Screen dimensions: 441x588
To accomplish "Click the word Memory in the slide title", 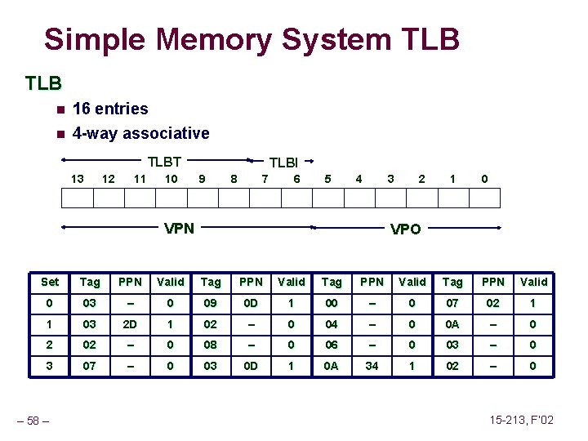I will click(203, 38).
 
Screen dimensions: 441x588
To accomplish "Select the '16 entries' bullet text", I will click(110, 109).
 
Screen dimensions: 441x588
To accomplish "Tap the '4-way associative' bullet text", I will click(140, 133).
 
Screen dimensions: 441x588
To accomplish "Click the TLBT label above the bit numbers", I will click(164, 162).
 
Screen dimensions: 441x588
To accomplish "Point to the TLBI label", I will click(283, 163).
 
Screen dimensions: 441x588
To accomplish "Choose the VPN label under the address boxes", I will click(179, 228).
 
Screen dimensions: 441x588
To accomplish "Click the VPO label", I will click(405, 229).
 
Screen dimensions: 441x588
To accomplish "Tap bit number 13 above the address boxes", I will click(77, 179).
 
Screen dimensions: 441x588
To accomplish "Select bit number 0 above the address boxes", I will click(484, 179).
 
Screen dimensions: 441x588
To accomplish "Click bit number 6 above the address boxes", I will click(296, 179).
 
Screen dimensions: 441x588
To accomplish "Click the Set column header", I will click(50, 282).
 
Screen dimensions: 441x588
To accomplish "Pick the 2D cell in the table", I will click(130, 323).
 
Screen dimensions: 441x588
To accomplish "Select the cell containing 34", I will click(372, 366).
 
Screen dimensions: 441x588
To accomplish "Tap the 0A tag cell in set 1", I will click(452, 323).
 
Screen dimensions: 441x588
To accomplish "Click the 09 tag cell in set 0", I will click(211, 303).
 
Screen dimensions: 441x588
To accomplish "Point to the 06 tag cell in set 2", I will click(332, 345).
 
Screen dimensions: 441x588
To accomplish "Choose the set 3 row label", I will click(50, 366).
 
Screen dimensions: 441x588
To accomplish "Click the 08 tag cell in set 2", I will click(211, 345).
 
